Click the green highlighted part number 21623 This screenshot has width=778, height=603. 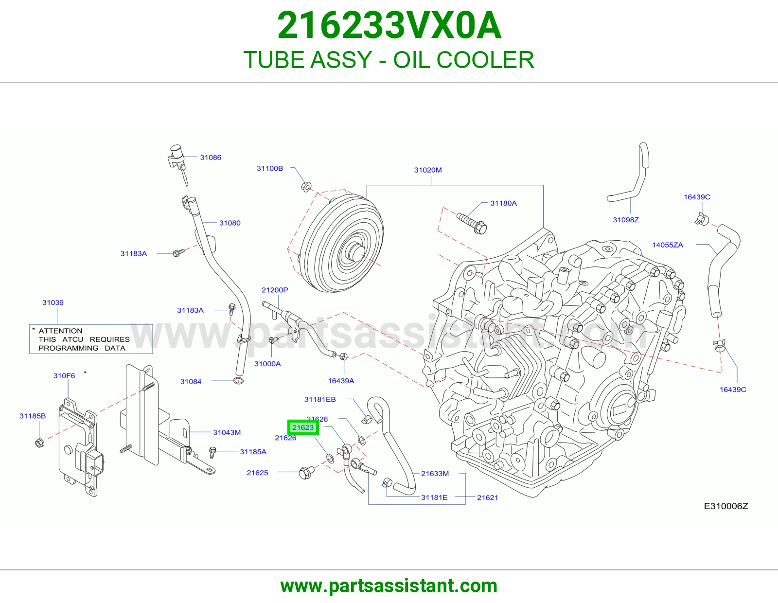[x=303, y=427]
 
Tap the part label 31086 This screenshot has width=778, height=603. [x=211, y=157]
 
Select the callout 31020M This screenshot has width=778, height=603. [x=428, y=170]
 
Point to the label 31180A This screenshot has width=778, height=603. [x=503, y=203]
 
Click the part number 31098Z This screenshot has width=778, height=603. [x=626, y=219]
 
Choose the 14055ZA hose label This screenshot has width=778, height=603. [x=667, y=245]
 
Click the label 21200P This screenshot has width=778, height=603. [x=275, y=290]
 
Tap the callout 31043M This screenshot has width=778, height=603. [x=227, y=432]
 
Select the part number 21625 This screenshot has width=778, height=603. [x=257, y=473]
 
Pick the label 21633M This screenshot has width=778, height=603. [x=435, y=473]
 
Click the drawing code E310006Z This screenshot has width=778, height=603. [x=726, y=506]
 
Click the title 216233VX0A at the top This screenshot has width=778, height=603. [x=389, y=25]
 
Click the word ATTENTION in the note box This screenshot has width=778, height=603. [x=60, y=331]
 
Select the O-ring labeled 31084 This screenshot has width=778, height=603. [x=238, y=380]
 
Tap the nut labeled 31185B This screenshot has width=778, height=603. [x=40, y=443]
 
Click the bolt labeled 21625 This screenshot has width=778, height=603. [x=306, y=473]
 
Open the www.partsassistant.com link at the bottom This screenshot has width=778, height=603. [x=389, y=586]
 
